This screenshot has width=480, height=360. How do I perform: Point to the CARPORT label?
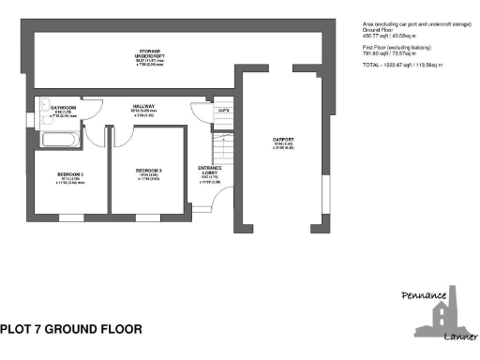click(283, 141)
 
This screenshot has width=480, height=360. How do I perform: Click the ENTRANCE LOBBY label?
click(209, 171)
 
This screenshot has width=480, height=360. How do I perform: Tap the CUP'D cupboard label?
click(223, 111)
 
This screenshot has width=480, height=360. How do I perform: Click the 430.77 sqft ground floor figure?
click(375, 37)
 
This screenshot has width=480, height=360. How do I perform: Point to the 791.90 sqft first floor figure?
click(375, 53)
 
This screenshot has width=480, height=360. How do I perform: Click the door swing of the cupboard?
click(199, 111)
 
